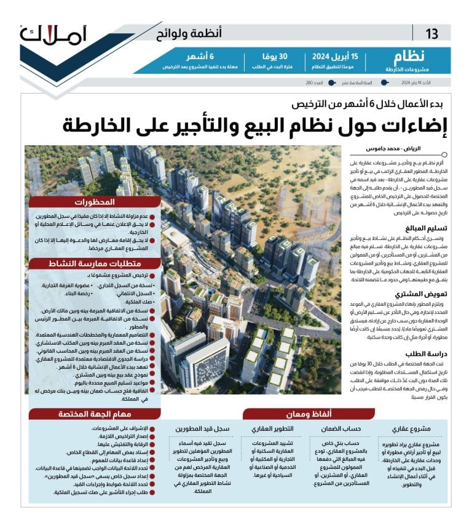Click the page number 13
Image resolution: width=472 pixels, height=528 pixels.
[x=432, y=34]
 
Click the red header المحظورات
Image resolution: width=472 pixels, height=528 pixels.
[x=95, y=202]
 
